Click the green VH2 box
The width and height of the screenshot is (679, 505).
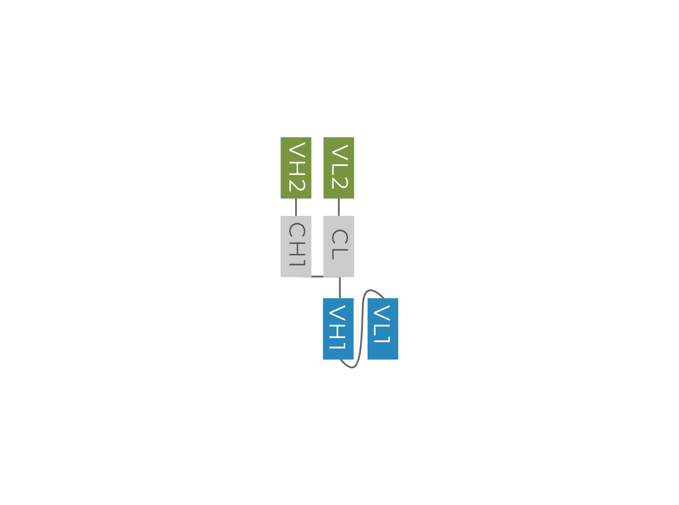click(x=296, y=168)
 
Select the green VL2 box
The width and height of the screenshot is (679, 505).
click(x=339, y=168)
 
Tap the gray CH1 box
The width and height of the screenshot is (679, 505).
click(x=296, y=246)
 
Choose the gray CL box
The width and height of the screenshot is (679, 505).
click(x=339, y=246)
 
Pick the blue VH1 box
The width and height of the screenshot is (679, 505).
click(x=338, y=329)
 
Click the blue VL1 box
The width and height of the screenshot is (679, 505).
click(x=383, y=329)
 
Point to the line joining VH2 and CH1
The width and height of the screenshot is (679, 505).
click(x=296, y=207)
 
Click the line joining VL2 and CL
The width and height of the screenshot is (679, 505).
click(x=339, y=207)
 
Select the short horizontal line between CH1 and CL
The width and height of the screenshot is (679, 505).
click(x=317, y=276)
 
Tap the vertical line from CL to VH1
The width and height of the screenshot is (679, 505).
click(x=339, y=287)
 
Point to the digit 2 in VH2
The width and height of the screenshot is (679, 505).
click(x=297, y=185)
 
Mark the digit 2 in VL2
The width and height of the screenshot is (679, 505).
click(x=340, y=183)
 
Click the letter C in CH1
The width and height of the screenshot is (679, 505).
click(x=297, y=230)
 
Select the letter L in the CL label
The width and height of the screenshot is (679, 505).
click(x=340, y=254)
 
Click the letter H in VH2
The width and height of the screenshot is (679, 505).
click(x=297, y=168)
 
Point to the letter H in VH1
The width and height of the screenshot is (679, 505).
click(x=337, y=331)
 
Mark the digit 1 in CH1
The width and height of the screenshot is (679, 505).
click(x=297, y=262)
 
